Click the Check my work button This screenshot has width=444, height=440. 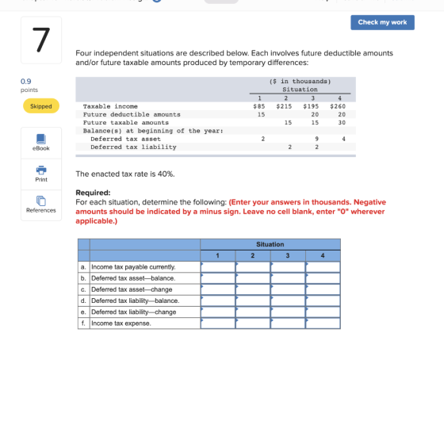(x=382, y=22)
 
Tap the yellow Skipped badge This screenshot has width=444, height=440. (x=41, y=106)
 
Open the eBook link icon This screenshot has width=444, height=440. (x=41, y=139)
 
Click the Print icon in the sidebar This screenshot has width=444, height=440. (x=41, y=170)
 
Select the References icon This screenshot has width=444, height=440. (x=41, y=201)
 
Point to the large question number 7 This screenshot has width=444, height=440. (x=41, y=40)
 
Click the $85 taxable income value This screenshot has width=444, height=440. (x=259, y=106)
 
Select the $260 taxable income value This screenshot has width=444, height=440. (x=338, y=106)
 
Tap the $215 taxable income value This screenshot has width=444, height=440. (x=284, y=106)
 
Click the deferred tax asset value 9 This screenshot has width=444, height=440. (x=316, y=139)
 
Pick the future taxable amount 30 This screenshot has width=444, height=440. (x=342, y=123)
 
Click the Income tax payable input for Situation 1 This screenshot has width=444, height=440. (x=218, y=267)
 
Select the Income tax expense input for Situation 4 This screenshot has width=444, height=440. (x=323, y=323)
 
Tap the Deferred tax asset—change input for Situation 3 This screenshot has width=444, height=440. (x=288, y=289)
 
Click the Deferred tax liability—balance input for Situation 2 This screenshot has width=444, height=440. (x=253, y=300)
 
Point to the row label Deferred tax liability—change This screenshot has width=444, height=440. (x=134, y=312)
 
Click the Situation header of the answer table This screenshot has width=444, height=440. (x=270, y=244)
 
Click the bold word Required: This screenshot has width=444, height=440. (x=93, y=193)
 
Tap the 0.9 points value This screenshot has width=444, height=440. (x=25, y=81)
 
